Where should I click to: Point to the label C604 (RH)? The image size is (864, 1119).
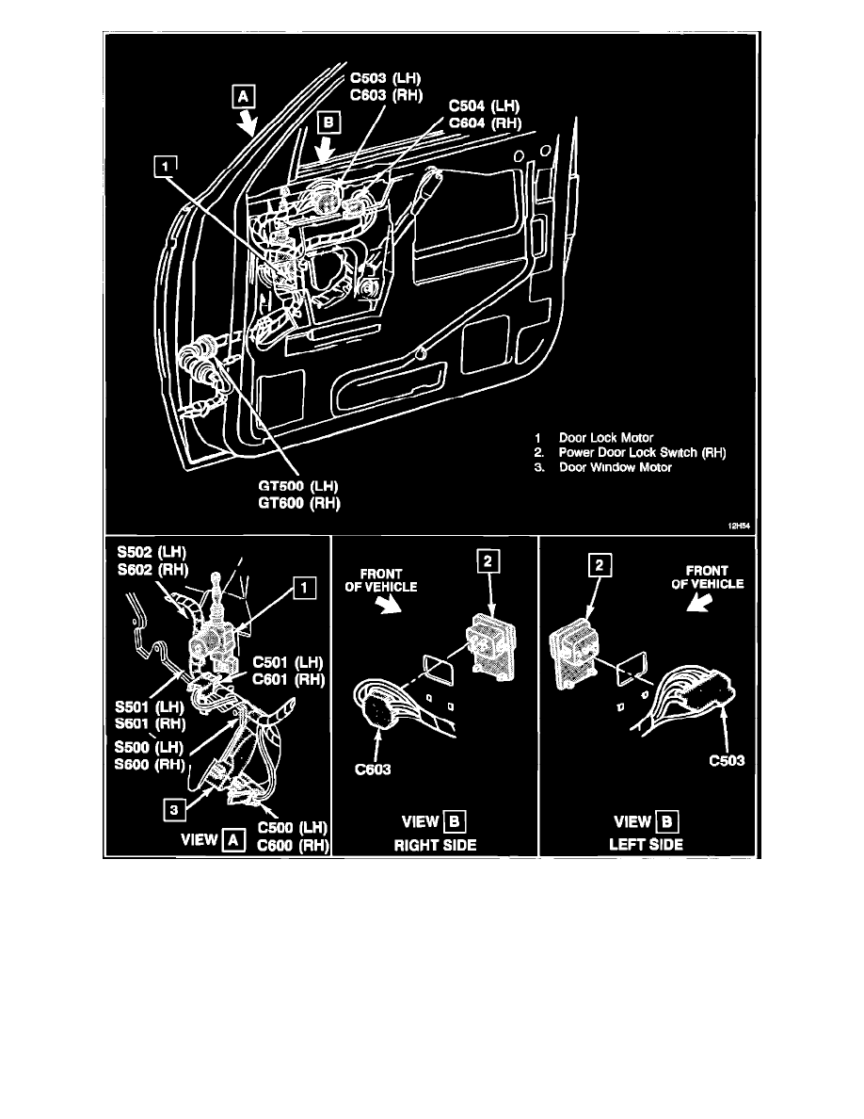click(x=484, y=122)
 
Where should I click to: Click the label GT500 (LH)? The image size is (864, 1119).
click(x=299, y=486)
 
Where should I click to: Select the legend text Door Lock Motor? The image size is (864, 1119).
click(x=606, y=438)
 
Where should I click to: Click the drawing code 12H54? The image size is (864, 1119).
click(x=737, y=527)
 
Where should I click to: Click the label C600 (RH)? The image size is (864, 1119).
click(x=292, y=845)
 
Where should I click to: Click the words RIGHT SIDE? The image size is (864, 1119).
click(x=434, y=845)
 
